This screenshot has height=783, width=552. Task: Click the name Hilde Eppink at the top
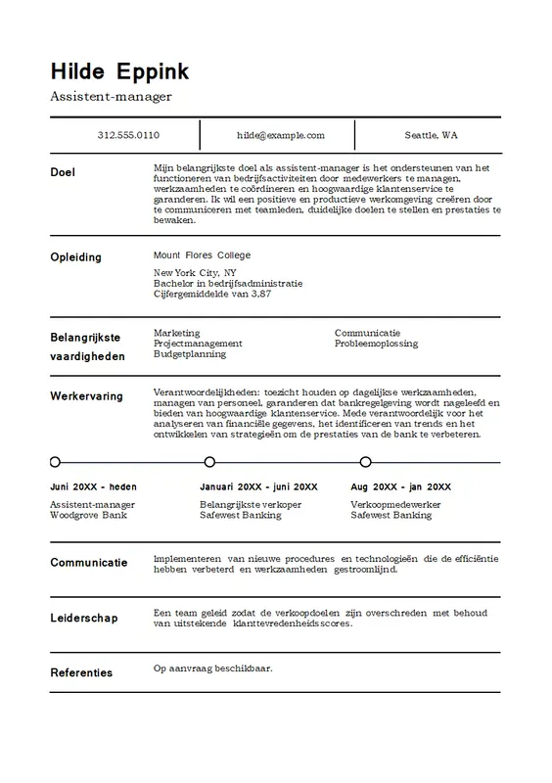pos(119,71)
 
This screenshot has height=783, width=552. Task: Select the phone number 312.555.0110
pos(128,135)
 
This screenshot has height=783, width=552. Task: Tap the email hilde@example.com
pos(280,135)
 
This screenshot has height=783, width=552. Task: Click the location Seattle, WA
pos(431,135)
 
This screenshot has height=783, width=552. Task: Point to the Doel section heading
pos(63,172)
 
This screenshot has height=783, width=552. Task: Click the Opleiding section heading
pos(75,256)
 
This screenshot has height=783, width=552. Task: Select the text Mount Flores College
pos(202,254)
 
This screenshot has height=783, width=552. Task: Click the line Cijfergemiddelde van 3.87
pos(212,294)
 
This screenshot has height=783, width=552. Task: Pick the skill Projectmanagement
pos(198,344)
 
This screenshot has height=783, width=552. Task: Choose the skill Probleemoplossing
pos(376,344)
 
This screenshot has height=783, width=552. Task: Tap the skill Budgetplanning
pos(191,354)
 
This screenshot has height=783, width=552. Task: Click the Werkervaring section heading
pos(86,396)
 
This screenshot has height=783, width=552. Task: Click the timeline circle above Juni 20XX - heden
pos(55,461)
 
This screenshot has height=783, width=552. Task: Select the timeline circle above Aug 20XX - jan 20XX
pos(365,461)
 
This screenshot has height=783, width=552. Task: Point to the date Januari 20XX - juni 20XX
pos(258,486)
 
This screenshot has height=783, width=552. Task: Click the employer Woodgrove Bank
pos(88,515)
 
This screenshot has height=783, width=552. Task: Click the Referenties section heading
pos(81,672)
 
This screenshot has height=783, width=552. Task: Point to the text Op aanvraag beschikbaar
pos(212,669)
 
